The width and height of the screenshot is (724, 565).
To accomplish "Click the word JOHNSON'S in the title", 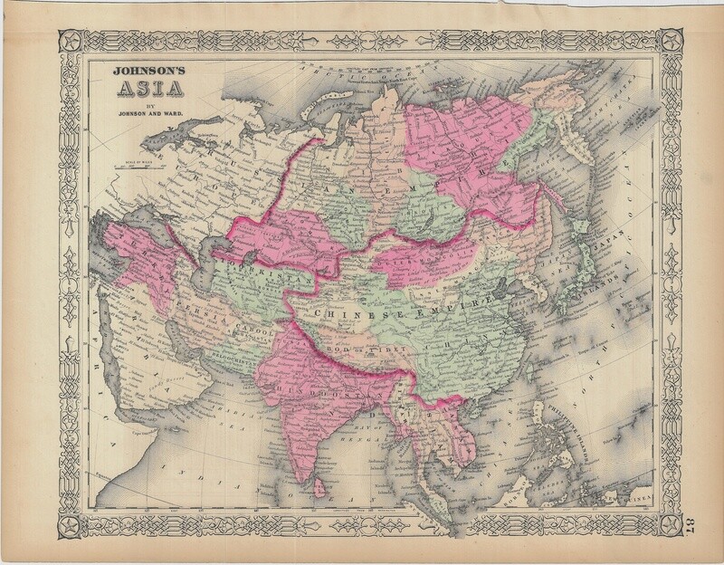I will click(x=140, y=76).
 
